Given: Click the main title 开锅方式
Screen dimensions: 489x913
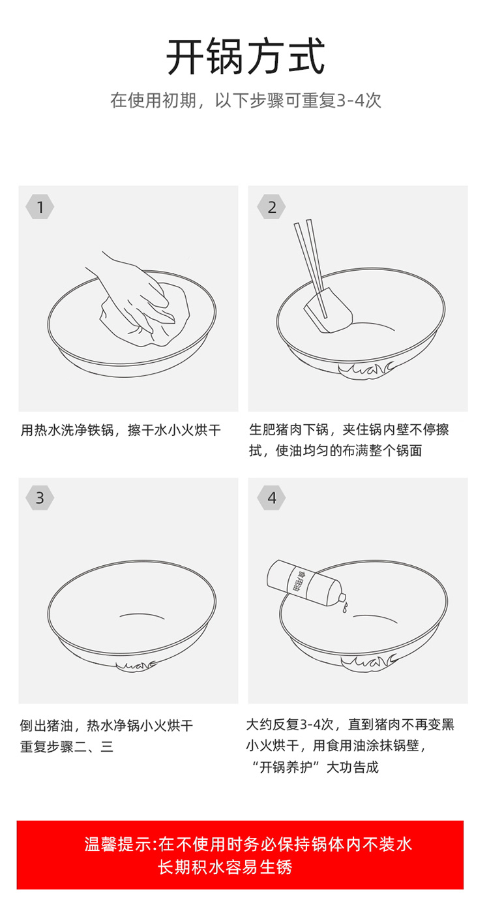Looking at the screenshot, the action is click(246, 56).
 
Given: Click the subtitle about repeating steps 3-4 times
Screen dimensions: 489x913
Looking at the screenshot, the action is click(246, 101).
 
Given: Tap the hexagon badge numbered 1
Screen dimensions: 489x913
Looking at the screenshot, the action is click(40, 207).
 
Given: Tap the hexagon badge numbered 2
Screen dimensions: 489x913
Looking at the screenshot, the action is click(272, 207).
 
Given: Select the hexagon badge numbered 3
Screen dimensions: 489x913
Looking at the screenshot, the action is click(40, 498).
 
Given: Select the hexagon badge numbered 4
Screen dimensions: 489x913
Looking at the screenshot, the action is click(272, 498).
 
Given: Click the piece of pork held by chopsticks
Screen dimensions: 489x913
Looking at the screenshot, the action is click(329, 311).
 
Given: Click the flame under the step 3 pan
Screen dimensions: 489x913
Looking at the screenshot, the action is click(136, 666).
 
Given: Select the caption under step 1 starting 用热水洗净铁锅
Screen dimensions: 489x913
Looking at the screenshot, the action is click(121, 429).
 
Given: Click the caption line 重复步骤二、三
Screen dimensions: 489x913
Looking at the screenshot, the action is click(67, 747).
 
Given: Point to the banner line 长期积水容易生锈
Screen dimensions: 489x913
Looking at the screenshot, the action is click(225, 867).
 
